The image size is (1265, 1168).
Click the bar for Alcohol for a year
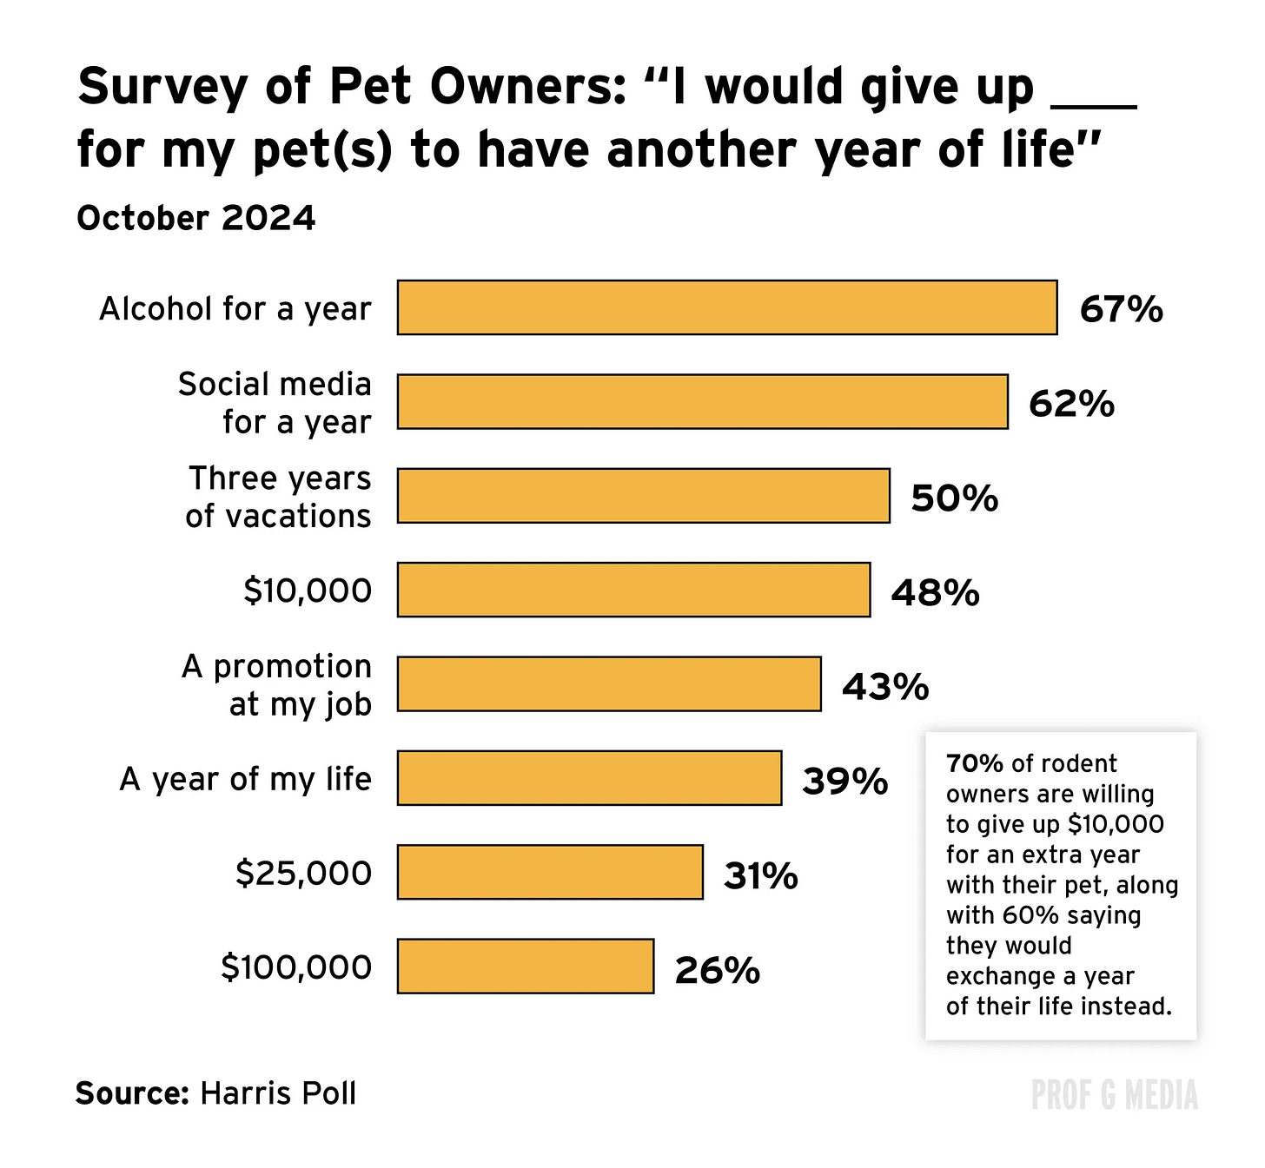[x=727, y=307]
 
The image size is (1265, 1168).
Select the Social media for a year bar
[x=703, y=402]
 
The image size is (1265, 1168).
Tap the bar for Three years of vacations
[x=643, y=496]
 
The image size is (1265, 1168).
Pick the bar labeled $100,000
[x=526, y=967]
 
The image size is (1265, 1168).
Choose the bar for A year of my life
[x=589, y=778]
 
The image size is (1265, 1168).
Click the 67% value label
[x=1121, y=309]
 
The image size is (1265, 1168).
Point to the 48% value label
[x=935, y=592]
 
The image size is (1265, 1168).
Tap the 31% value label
[x=760, y=875]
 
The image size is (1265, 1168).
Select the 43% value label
[x=885, y=687]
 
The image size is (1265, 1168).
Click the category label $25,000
[x=303, y=873]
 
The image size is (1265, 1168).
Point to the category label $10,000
[x=308, y=591]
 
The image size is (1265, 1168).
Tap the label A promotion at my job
[x=276, y=685]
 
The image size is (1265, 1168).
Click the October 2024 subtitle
[x=196, y=219]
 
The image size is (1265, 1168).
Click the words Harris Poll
[x=278, y=1092]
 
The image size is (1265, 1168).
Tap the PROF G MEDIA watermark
[x=1114, y=1095]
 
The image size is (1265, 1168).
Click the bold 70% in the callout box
[x=975, y=763]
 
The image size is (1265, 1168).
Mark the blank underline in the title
[x=1093, y=106]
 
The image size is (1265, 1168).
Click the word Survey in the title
[x=162, y=88]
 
